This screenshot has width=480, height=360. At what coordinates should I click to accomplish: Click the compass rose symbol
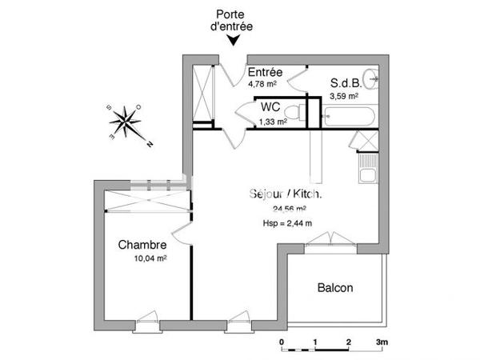pos(125,122)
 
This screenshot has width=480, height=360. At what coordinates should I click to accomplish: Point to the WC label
pos(269,106)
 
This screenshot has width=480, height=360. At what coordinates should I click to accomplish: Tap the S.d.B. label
pos(346,82)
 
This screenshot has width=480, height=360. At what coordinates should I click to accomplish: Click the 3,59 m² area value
pos(344,95)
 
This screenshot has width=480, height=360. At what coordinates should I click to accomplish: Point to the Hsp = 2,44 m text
pos(286,223)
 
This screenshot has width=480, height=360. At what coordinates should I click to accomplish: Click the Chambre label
pos(142,245)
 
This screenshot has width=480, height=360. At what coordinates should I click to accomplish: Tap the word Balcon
pos(335,288)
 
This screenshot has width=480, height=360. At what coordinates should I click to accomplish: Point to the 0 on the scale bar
pos(282,342)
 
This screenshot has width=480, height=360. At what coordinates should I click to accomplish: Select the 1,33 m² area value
pos(273,122)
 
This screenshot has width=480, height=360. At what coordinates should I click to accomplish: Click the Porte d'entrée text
pos(233,22)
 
